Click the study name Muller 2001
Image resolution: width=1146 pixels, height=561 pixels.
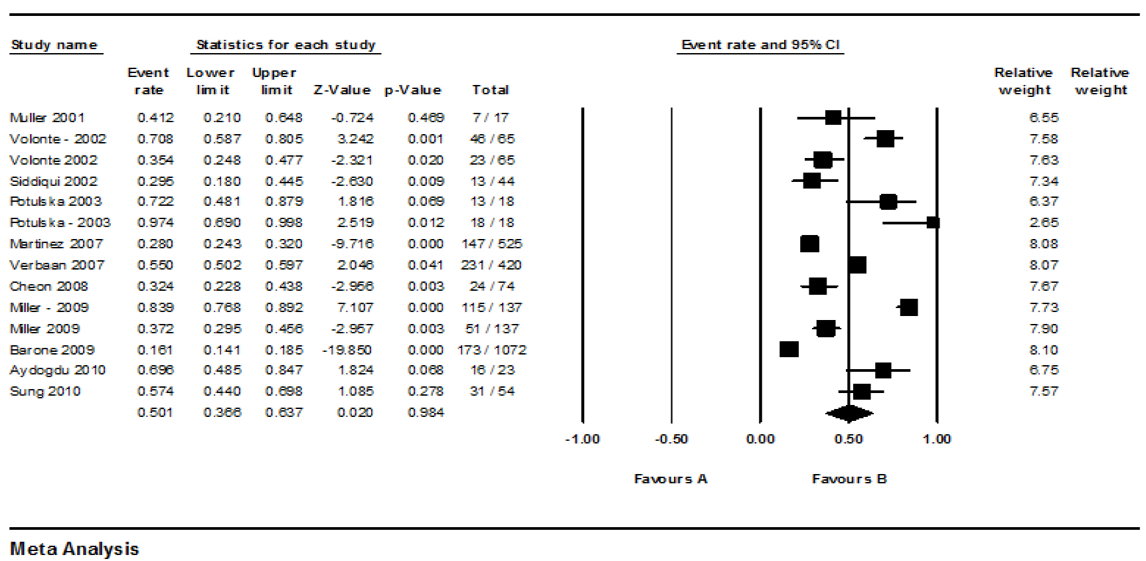click(47, 118)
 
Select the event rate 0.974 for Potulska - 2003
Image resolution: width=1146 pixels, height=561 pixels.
click(155, 222)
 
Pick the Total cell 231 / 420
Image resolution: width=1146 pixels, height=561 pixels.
click(491, 265)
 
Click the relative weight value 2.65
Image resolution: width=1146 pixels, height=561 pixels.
click(1043, 222)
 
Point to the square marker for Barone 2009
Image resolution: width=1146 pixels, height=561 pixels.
click(789, 349)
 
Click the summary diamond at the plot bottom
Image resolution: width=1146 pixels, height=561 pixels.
click(849, 414)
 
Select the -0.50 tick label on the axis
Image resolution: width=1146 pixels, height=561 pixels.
click(671, 439)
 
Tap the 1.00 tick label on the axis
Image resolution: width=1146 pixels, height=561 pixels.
click(936, 439)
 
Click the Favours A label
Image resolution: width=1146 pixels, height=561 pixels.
click(671, 479)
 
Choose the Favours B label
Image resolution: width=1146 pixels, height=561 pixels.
click(849, 479)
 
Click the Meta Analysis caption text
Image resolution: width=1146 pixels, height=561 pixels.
click(74, 549)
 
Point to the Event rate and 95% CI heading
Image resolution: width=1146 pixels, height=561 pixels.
click(760, 44)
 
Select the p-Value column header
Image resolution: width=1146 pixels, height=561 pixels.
click(412, 90)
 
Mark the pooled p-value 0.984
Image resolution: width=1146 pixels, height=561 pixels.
click(425, 412)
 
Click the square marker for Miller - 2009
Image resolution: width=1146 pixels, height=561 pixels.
click(908, 307)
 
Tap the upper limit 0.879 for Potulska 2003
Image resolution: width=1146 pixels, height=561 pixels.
click(284, 201)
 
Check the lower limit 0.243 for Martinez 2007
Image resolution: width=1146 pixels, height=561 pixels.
click(222, 244)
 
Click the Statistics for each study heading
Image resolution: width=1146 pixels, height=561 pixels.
click(286, 44)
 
